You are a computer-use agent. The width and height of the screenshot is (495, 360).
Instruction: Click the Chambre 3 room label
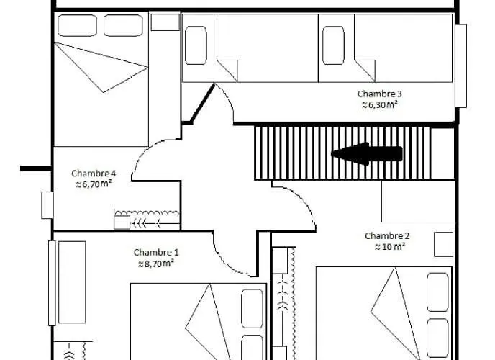[x=379, y=94]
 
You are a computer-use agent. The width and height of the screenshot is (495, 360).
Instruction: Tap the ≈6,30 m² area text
[x=379, y=104]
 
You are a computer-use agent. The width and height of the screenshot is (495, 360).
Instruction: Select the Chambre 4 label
[x=94, y=174]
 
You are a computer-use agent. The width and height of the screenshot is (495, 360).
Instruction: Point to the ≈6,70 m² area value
[x=94, y=184]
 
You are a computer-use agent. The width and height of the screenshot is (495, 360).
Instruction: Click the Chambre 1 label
[x=156, y=252]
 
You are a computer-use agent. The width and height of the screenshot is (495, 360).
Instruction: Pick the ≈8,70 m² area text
[x=156, y=264]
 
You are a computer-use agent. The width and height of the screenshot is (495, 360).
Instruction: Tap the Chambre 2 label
[x=387, y=236]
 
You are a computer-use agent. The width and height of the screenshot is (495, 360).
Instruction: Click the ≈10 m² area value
[x=390, y=247]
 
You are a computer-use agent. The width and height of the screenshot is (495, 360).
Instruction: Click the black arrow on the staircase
[x=367, y=154]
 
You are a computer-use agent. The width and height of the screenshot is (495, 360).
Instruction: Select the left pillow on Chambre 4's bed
[x=78, y=26]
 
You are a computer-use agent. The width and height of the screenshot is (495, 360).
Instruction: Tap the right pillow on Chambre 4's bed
[x=123, y=26]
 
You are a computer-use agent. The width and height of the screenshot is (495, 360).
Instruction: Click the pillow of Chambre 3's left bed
[x=196, y=45]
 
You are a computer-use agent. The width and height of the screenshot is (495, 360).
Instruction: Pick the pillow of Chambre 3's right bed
[x=333, y=45]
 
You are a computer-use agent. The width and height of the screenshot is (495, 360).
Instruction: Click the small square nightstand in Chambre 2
[x=443, y=244]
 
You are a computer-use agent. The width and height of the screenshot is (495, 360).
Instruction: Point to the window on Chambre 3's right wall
[x=461, y=66]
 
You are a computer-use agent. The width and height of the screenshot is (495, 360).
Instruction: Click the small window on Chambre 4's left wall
[x=47, y=205]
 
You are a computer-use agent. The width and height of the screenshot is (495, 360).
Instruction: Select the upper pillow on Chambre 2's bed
[x=437, y=292]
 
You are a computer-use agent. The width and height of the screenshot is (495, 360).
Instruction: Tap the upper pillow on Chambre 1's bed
[x=253, y=309]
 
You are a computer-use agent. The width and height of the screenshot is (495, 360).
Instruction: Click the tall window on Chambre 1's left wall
[x=52, y=283]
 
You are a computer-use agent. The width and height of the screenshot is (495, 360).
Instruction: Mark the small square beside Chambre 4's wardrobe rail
[x=122, y=222]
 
